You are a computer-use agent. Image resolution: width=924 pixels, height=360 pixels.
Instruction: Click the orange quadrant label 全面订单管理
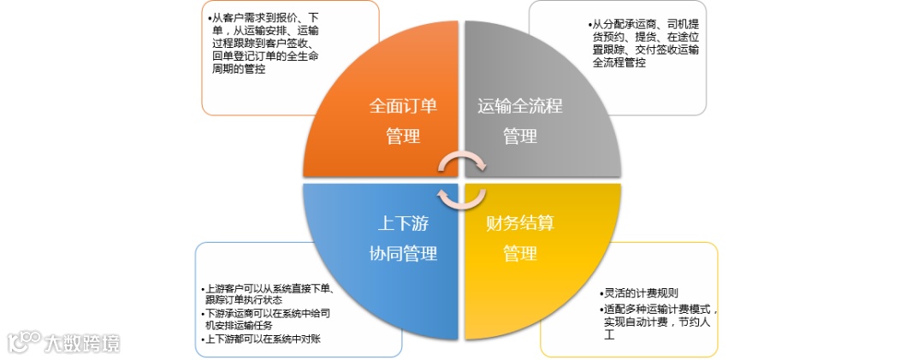coord(403,121)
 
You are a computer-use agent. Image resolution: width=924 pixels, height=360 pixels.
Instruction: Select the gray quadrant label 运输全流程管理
coord(519,121)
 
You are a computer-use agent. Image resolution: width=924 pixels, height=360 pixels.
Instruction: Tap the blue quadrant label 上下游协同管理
coord(403,239)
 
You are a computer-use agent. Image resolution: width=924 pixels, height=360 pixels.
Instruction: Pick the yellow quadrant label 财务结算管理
coord(519,239)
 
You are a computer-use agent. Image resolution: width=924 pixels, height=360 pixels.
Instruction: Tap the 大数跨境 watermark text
coord(83,343)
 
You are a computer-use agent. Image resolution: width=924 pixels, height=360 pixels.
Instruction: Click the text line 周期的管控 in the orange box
coord(239,69)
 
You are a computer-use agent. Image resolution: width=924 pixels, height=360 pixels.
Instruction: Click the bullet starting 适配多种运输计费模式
coord(659,309)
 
